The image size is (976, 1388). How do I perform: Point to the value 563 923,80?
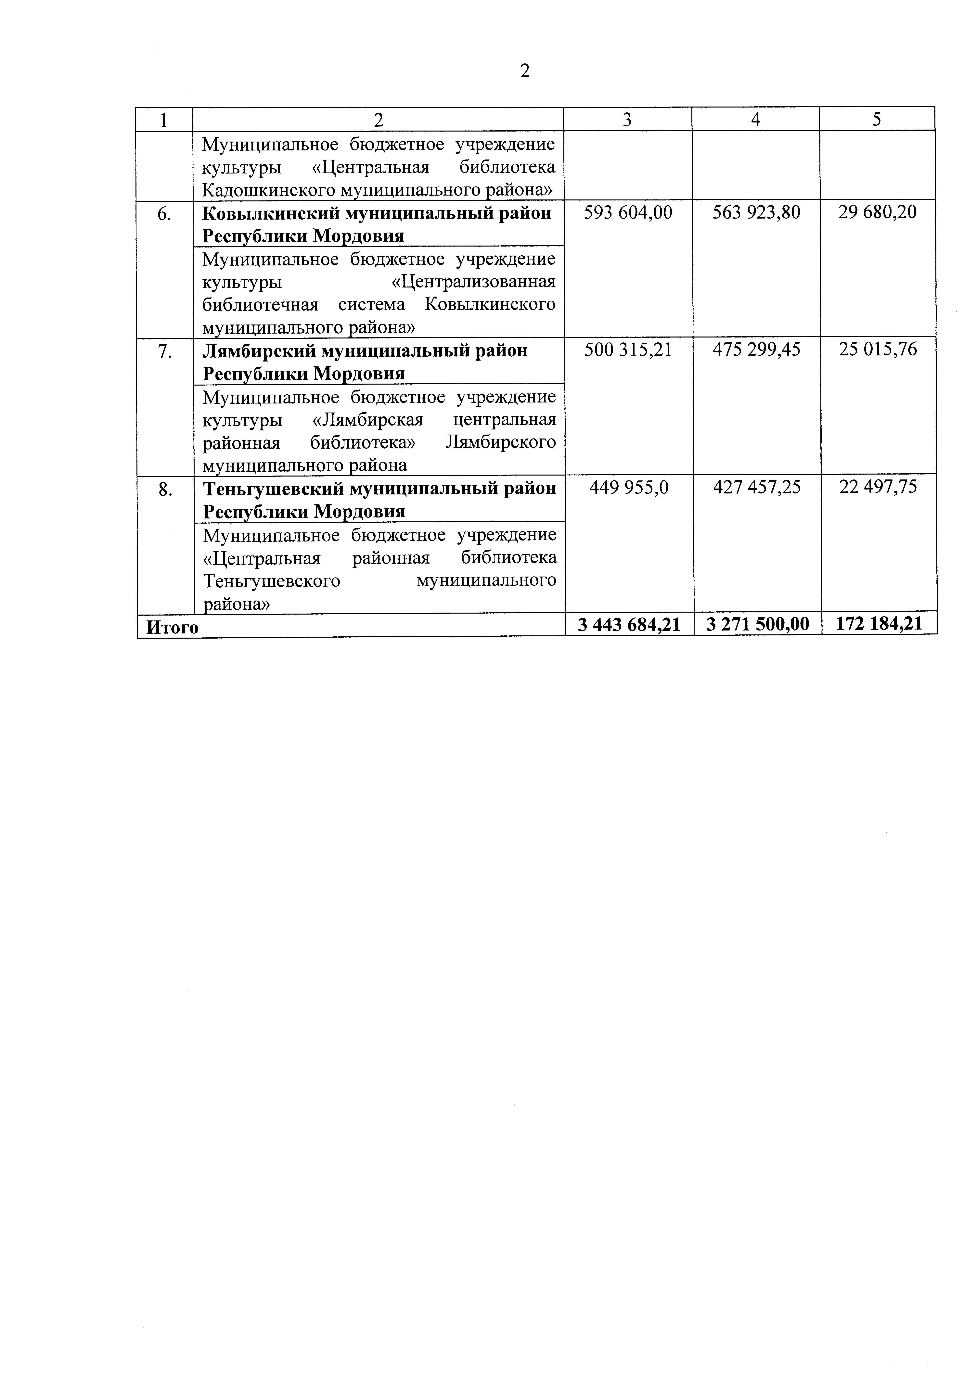tap(756, 212)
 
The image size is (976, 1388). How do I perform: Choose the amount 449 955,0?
tap(629, 487)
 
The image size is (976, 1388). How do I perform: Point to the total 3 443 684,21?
tap(629, 624)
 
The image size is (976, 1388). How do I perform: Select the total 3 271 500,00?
tap(757, 624)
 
